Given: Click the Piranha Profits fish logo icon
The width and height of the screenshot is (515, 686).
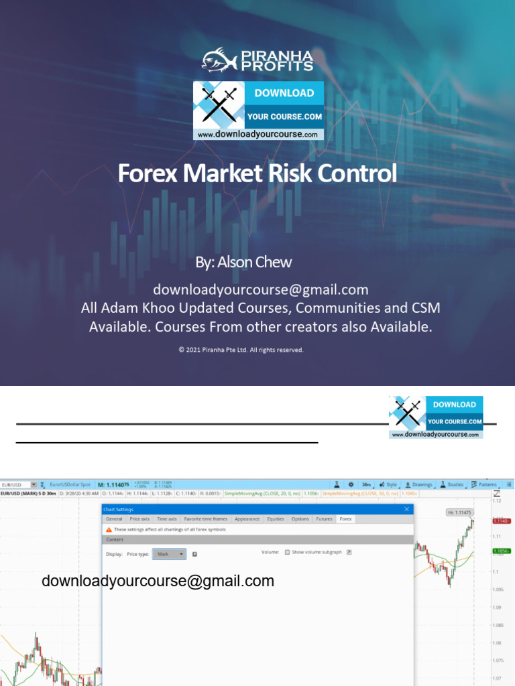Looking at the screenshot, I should (x=220, y=59).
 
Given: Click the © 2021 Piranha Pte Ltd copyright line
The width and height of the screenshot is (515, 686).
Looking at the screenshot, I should (x=241, y=350).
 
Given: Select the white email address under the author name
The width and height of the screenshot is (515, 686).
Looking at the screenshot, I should (x=261, y=290).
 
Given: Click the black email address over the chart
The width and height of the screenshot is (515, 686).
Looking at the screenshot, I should (x=158, y=581).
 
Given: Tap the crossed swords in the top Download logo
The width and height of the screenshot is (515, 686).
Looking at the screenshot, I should (x=221, y=105).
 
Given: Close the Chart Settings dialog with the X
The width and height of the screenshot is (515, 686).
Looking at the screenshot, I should (x=406, y=510).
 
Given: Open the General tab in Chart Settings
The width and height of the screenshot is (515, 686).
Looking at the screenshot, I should (x=114, y=519).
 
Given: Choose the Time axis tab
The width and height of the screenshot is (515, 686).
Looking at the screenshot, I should (x=166, y=519).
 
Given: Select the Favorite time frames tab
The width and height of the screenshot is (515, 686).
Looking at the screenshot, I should (x=206, y=519).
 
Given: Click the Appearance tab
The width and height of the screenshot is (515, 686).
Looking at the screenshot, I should (x=247, y=519).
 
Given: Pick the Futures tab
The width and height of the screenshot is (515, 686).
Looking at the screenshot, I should (x=324, y=519).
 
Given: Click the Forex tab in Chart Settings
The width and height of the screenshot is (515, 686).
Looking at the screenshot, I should (x=345, y=519).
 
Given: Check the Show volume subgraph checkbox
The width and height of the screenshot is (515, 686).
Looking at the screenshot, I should (x=288, y=553).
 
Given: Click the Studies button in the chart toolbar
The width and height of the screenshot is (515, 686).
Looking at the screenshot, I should (x=453, y=484).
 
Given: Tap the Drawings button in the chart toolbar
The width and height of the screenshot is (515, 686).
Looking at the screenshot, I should (x=419, y=484).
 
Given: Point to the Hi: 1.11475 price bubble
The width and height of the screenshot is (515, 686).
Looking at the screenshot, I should (x=459, y=512).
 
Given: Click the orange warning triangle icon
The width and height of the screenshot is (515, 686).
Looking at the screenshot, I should (x=109, y=529).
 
